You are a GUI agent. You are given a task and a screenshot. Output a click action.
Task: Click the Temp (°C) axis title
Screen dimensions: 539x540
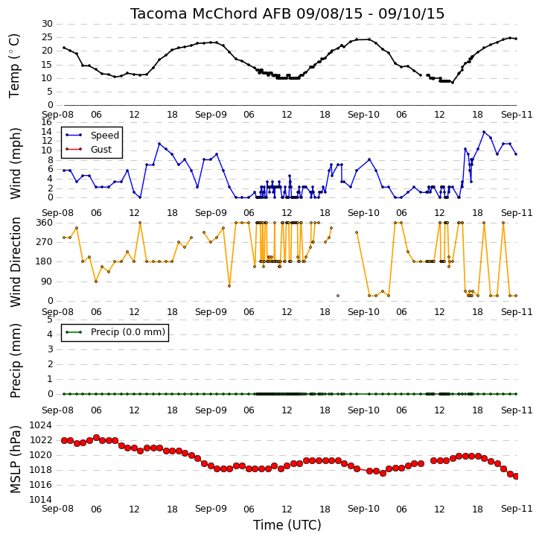(x=14, y=66)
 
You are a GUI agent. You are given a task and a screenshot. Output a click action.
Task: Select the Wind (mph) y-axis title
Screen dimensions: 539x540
(x=15, y=163)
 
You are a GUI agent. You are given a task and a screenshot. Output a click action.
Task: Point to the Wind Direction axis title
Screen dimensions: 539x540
(x=15, y=262)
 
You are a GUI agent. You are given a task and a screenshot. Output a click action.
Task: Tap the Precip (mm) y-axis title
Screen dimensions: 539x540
(x=15, y=360)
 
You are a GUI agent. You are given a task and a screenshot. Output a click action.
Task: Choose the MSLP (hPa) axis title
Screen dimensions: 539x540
(x=15, y=460)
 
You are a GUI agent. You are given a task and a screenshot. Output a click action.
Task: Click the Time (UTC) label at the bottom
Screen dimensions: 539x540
(x=287, y=525)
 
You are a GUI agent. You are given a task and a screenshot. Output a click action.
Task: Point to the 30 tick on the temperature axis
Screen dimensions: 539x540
(x=47, y=24)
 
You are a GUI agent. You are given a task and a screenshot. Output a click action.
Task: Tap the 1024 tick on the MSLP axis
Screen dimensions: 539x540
(x=41, y=425)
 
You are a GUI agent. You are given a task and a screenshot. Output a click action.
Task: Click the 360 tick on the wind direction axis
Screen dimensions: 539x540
(x=45, y=223)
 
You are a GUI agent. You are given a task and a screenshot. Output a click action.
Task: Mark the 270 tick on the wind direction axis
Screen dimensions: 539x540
(x=45, y=242)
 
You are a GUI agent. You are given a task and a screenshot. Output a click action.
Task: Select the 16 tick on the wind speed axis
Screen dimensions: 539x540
(x=47, y=122)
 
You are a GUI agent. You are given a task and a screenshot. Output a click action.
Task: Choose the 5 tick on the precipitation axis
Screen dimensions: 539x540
(x=50, y=320)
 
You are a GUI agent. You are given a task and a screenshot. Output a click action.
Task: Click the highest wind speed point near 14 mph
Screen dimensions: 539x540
(x=484, y=132)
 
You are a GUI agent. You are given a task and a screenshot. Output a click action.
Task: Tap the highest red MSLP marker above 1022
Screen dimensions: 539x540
(x=96, y=438)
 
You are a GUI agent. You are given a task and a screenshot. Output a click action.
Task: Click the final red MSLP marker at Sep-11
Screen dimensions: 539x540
(x=516, y=476)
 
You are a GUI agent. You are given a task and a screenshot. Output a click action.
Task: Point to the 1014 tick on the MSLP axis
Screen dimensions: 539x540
(x=41, y=500)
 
